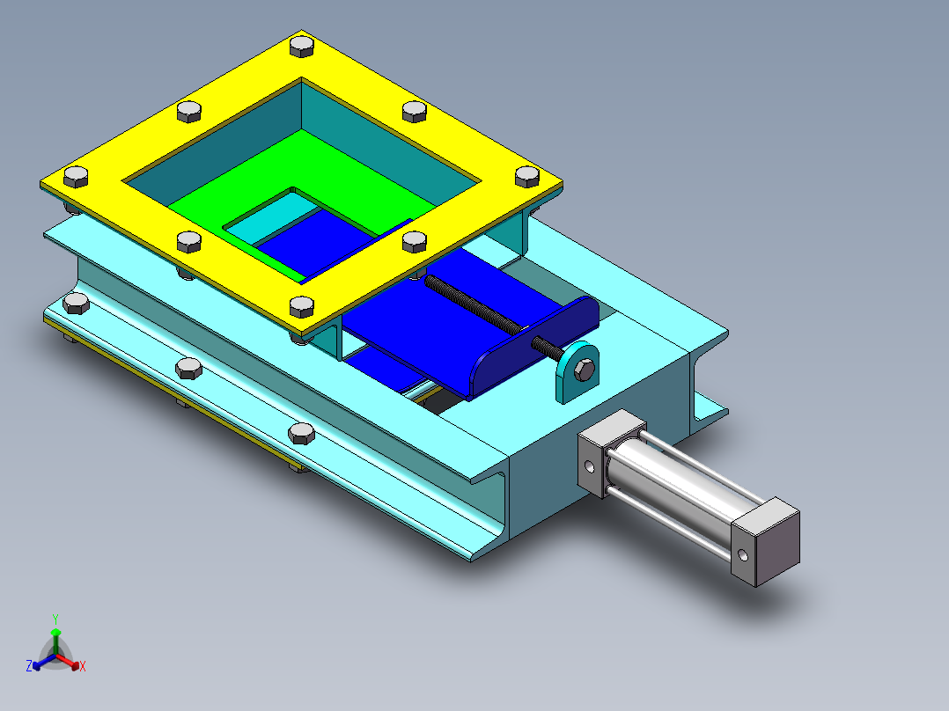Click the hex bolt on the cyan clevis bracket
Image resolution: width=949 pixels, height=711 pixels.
point(584,370)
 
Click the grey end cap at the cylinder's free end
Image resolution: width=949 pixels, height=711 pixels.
point(766,542)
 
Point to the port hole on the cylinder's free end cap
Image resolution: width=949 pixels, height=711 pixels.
point(743,555)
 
